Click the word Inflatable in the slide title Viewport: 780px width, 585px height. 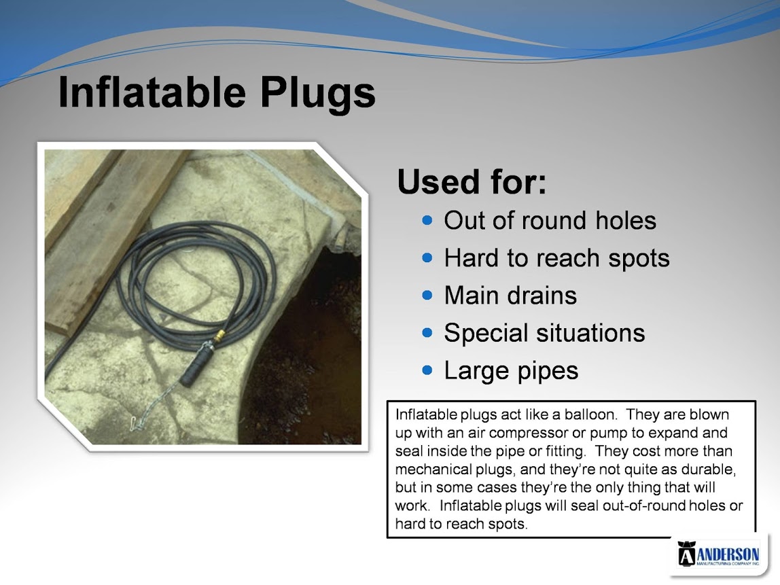pos(152,92)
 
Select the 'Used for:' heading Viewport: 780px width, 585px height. pos(472,181)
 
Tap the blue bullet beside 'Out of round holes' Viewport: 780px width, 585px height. pos(427,220)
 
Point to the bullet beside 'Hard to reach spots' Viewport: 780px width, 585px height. pos(427,258)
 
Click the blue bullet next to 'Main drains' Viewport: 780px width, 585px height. pos(427,295)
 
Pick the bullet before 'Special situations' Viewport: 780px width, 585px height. pos(427,332)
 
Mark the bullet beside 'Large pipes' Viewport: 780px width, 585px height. pos(427,370)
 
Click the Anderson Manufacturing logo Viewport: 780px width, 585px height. pos(718,554)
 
